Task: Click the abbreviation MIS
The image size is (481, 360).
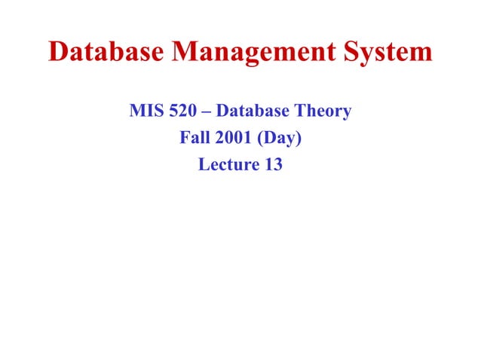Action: [146, 112]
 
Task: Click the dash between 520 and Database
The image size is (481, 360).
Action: [207, 112]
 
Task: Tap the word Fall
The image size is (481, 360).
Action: [193, 139]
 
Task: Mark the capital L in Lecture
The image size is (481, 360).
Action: [203, 165]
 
